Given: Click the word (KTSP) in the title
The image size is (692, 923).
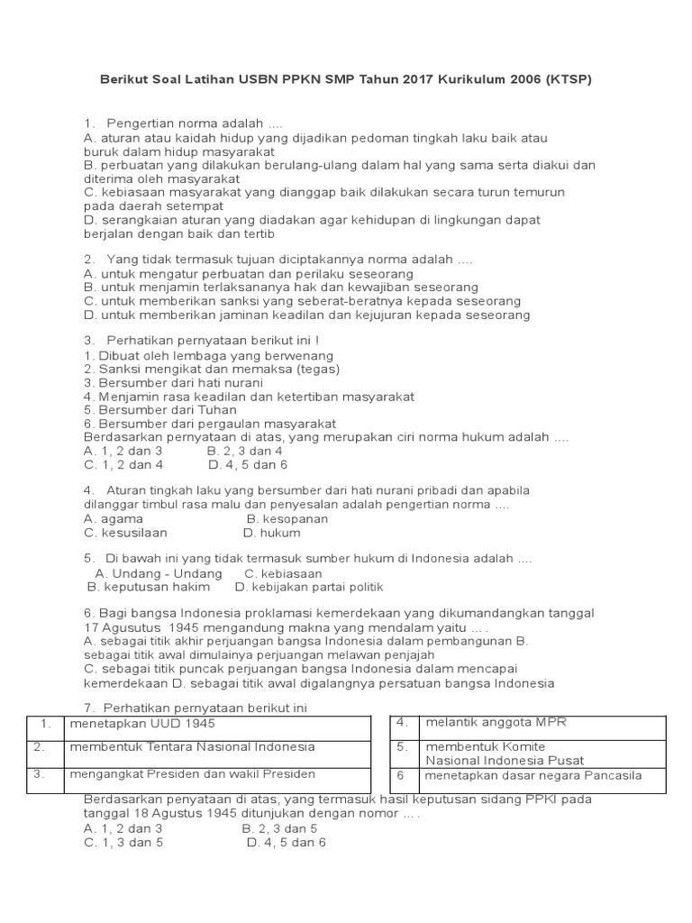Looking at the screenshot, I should click(x=568, y=80).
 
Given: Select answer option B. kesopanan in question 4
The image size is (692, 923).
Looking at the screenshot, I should click(x=287, y=518).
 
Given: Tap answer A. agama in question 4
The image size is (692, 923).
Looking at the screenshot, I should click(x=114, y=518).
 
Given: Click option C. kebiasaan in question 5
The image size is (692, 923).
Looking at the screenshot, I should click(x=283, y=573).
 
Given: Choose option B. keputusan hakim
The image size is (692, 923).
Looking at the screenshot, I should click(x=149, y=587).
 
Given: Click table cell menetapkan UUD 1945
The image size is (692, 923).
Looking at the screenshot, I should click(x=143, y=723).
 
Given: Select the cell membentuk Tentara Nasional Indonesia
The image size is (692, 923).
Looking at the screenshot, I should click(x=193, y=746).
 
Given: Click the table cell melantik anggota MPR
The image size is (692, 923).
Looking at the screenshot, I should click(x=495, y=722).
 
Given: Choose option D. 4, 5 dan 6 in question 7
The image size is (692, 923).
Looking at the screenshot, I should click(x=286, y=842).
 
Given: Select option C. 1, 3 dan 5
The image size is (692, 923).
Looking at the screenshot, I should click(x=123, y=842).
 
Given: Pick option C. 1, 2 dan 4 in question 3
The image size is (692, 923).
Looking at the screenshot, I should click(x=123, y=464).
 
